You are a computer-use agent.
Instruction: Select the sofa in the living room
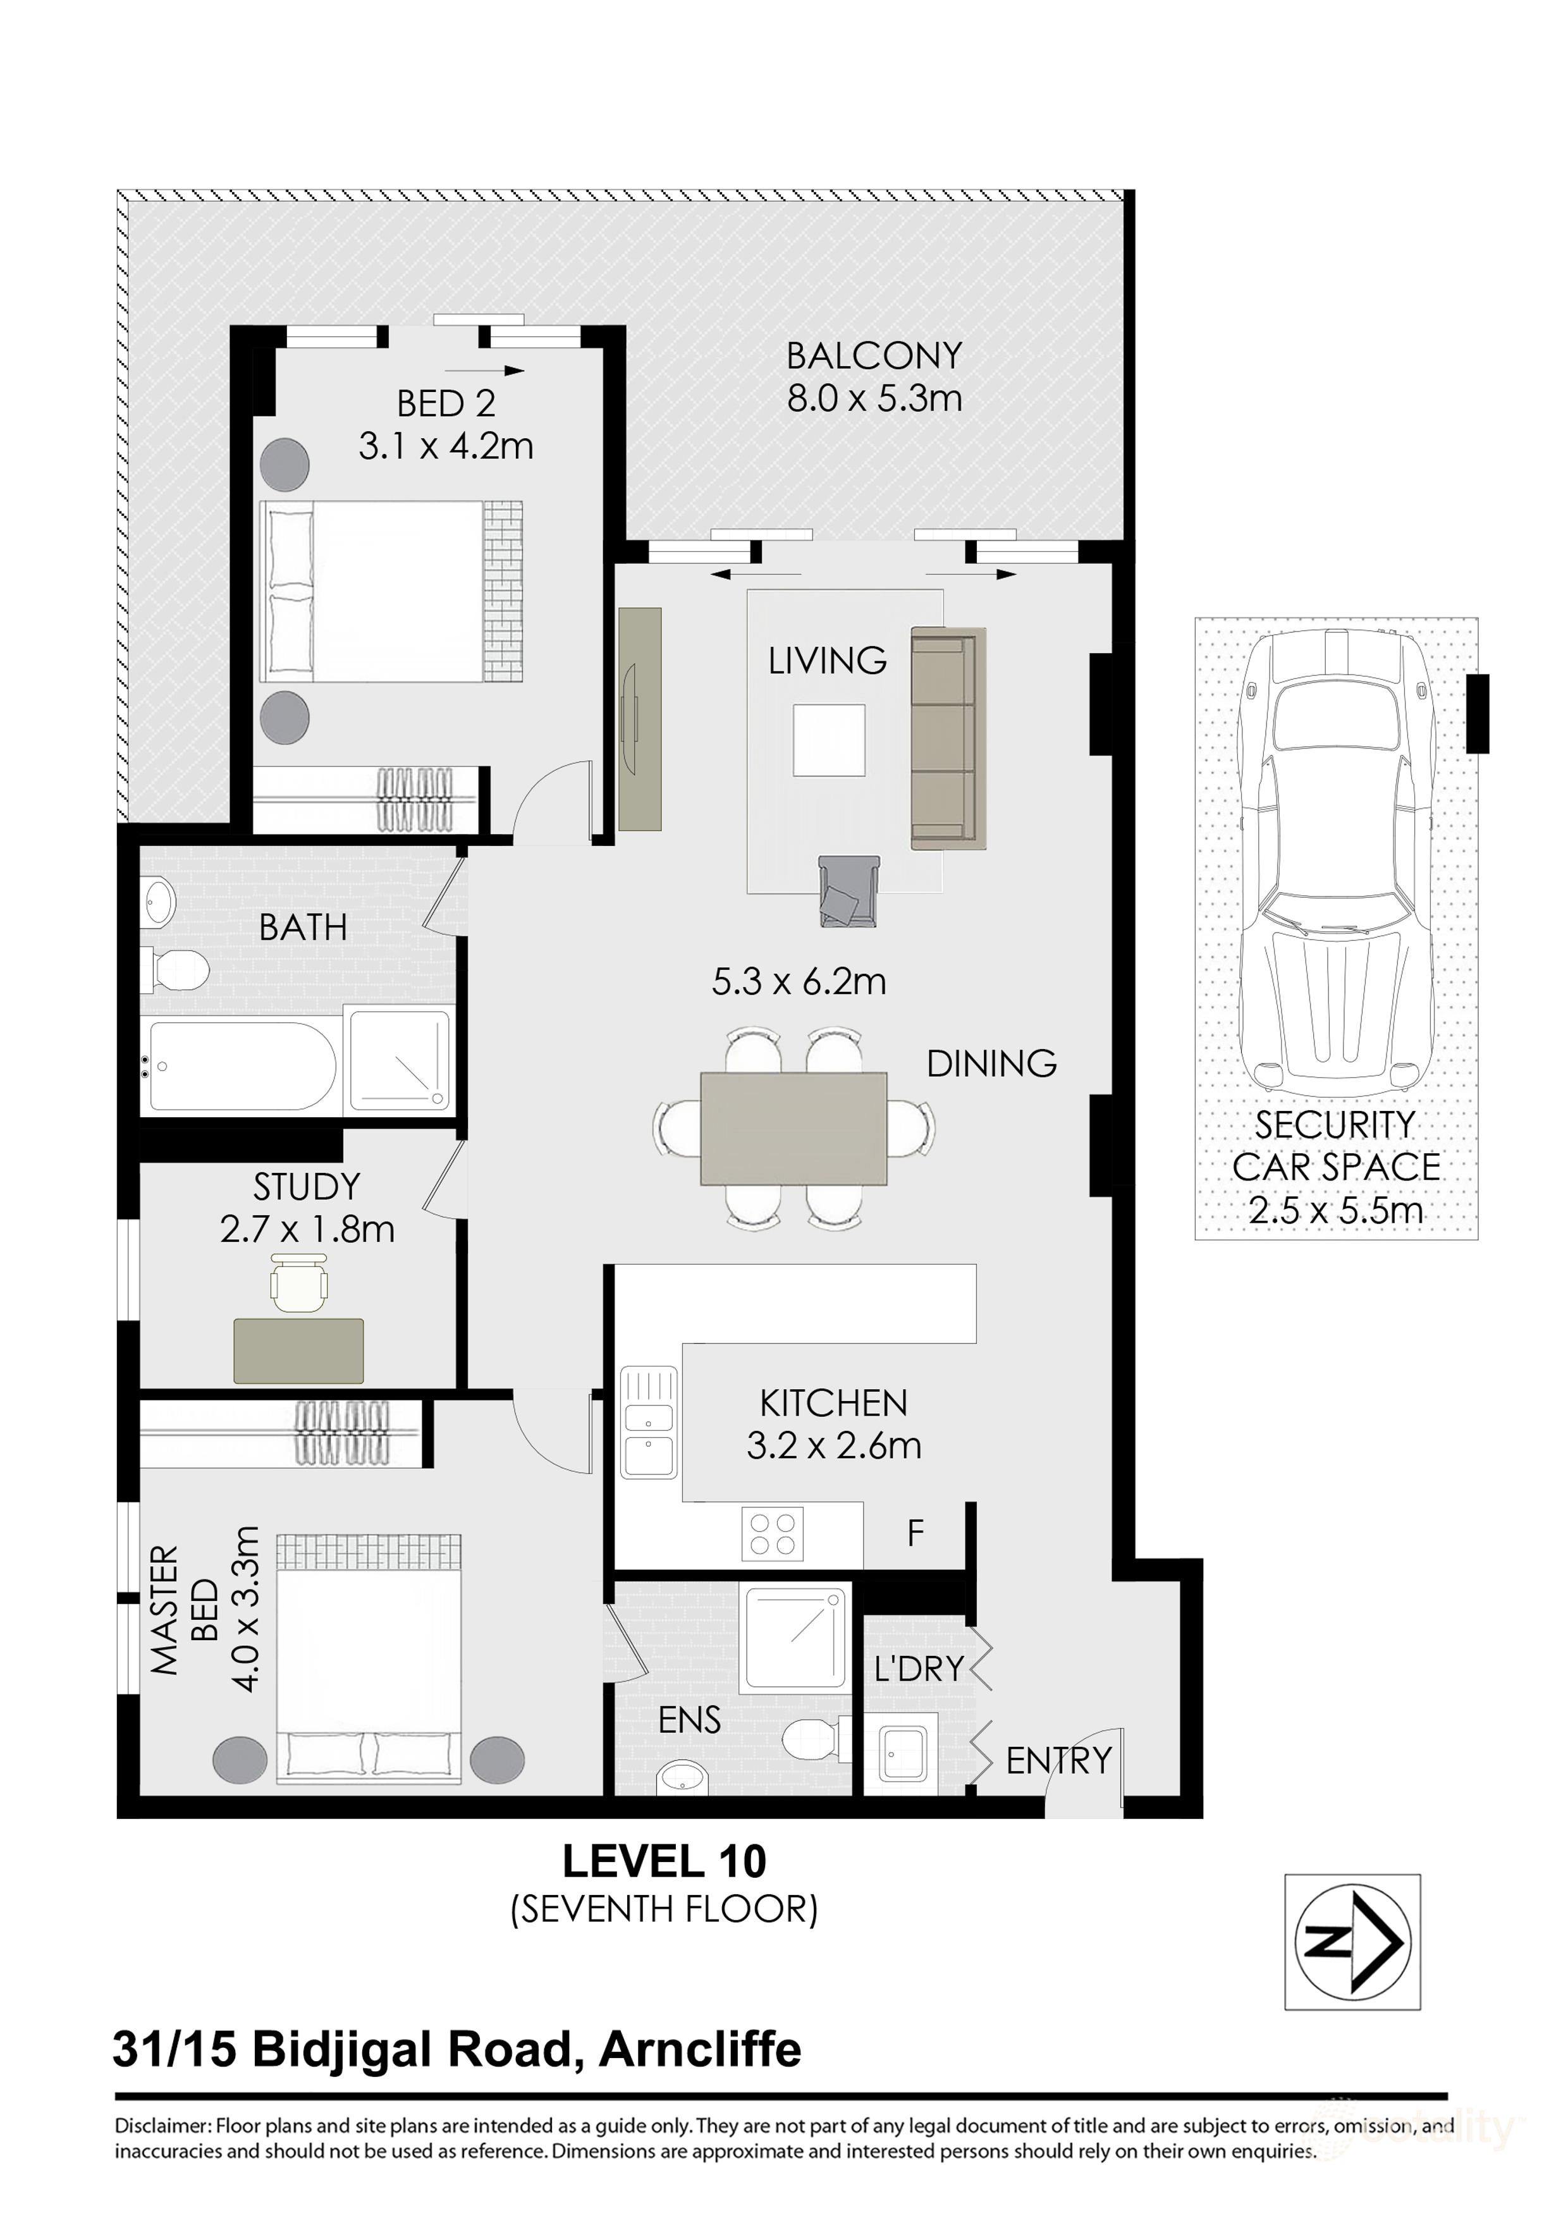point(948,739)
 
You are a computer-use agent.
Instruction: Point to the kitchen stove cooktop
point(772,1533)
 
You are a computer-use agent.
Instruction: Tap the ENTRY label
point(1058,1760)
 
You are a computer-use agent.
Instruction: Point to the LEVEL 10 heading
point(665,1861)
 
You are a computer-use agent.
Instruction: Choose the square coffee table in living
point(829,740)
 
